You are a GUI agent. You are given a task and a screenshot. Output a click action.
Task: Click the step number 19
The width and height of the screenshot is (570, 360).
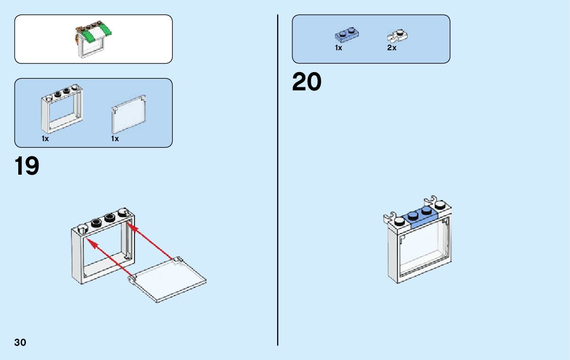coord(27,166)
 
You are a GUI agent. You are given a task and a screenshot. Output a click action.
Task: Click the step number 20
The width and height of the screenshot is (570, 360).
coord(307,82)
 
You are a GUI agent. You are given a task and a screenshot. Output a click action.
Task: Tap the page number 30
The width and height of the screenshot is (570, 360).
coord(20,342)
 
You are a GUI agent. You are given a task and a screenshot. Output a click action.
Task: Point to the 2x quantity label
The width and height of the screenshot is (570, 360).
coord(391,48)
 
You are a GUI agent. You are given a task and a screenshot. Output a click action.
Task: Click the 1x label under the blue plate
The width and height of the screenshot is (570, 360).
coord(339,48)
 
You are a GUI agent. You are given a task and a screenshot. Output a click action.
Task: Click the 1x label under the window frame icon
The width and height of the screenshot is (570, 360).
coord(45,139)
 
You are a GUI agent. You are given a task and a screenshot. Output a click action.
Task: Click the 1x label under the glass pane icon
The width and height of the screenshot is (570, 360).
coord(115,139)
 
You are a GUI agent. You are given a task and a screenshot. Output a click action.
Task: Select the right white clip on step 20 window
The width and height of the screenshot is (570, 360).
coord(432,200)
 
